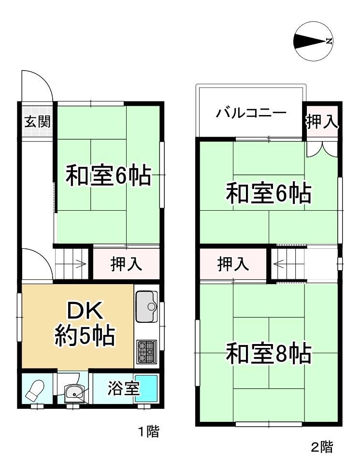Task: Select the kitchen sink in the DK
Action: point(147,306)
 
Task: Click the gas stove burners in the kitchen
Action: point(147,352)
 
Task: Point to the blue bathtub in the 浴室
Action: point(146,389)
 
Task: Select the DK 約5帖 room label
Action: point(85,324)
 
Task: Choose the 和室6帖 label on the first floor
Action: point(109,175)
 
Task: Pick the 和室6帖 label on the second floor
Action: point(269,193)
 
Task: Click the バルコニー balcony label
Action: point(251,113)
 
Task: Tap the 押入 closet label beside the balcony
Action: point(321,122)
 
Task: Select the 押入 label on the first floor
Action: point(126,263)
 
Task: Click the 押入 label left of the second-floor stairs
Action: point(233,263)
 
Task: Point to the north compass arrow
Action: point(313,41)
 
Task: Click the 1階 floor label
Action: point(148,432)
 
